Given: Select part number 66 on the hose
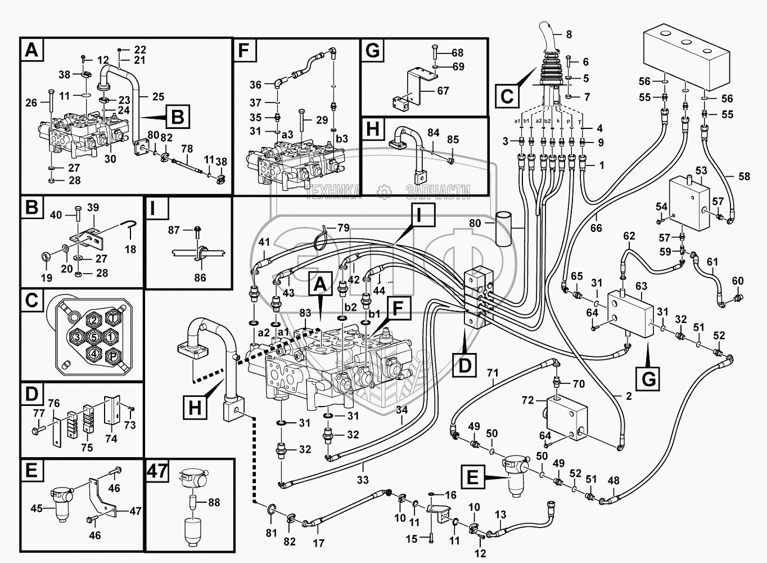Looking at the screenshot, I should click(595, 228).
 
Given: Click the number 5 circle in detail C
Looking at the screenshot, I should click(94, 337).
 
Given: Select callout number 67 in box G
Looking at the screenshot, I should click(443, 90).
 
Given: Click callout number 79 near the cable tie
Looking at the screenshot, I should click(343, 228).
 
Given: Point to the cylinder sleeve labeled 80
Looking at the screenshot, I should click(504, 229).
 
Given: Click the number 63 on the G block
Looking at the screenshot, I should click(641, 287).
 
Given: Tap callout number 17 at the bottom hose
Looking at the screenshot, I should click(318, 544).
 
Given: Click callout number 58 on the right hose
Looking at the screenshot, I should click(744, 177).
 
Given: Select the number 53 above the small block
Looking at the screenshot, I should click(701, 170).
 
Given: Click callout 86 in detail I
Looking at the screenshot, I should click(200, 277).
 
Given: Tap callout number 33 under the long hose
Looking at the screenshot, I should click(363, 480).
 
